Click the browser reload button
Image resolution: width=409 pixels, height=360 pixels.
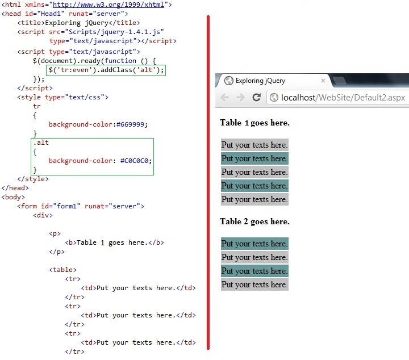coord(256,98)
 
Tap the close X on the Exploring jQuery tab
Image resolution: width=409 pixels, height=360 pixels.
coord(323,81)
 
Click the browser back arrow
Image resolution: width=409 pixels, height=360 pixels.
coord(224,98)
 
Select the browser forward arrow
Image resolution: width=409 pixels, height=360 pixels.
coord(240,98)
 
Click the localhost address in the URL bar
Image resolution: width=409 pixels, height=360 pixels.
coord(343,98)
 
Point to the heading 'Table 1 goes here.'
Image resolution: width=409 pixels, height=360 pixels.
coord(254,123)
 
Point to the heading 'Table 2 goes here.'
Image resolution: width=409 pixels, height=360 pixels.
coord(254,221)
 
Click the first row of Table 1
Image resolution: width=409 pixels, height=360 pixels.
coord(254,145)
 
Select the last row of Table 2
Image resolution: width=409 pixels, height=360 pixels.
coord(254,284)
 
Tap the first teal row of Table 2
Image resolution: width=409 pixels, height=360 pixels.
coord(254,244)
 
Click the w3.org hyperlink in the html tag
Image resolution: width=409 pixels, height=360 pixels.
coord(108,5)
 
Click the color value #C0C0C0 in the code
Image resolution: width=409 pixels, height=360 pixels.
coord(135,161)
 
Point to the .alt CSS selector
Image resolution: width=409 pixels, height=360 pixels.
coord(41,143)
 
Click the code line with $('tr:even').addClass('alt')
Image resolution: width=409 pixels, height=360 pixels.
coord(106,70)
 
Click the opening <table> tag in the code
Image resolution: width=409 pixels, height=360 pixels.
coord(62,270)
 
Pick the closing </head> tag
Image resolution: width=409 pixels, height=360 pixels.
coord(15,188)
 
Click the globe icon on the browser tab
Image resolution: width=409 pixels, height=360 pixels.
coord(229,81)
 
